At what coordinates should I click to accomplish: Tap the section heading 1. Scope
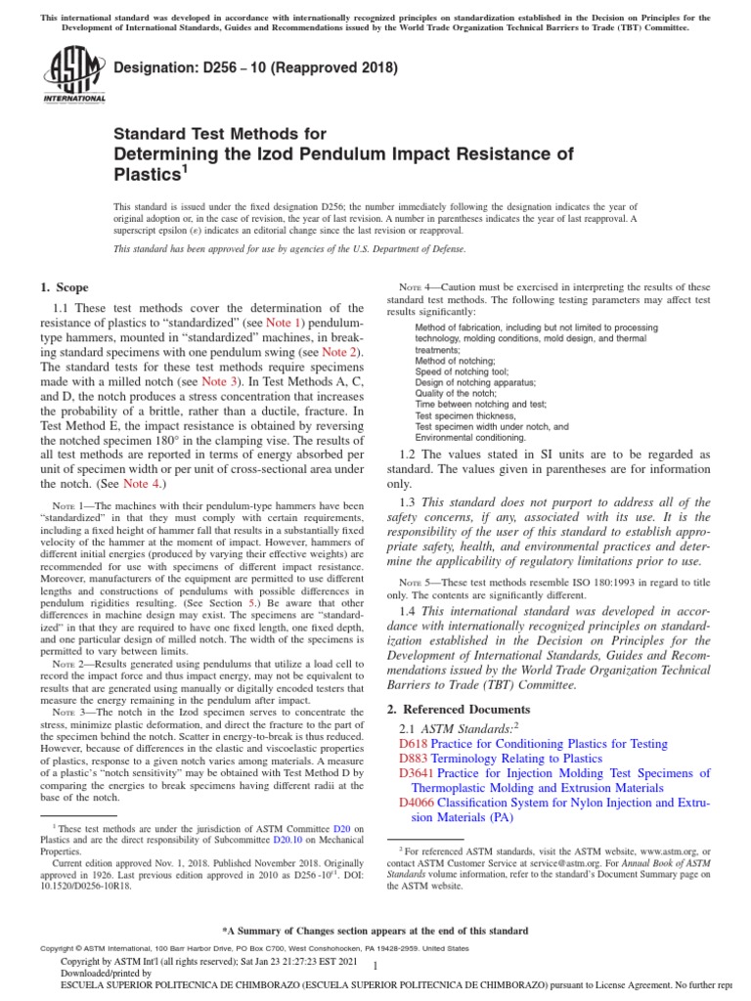[x=64, y=287]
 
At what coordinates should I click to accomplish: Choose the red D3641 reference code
[x=417, y=773]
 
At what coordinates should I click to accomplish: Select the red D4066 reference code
[x=417, y=803]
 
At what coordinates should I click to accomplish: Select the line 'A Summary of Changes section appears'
[x=375, y=930]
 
